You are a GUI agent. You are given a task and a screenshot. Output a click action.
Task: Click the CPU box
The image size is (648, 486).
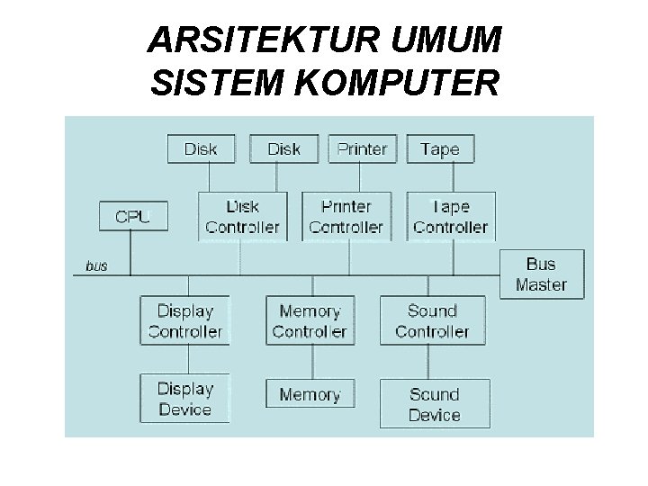coord(131,216)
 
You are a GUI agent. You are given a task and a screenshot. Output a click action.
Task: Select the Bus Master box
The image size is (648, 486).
coord(541,274)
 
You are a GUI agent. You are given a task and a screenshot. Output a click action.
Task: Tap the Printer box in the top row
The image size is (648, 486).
coord(362,149)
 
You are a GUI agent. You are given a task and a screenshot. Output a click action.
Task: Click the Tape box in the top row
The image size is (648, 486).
coord(439,149)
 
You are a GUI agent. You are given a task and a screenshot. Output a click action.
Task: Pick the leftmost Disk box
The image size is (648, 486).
coord(200,149)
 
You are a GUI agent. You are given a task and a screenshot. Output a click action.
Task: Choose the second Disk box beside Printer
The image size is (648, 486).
coord(283,149)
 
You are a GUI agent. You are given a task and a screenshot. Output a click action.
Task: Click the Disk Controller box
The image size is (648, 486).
coord(242,217)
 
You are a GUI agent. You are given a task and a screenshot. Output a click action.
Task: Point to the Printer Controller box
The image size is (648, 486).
coord(346,217)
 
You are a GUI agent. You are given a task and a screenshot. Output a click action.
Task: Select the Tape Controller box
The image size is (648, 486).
coord(450,217)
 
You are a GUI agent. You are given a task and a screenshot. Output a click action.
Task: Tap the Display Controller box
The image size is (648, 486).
coord(184,321)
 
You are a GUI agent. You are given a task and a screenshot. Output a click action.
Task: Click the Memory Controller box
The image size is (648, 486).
coord(310,321)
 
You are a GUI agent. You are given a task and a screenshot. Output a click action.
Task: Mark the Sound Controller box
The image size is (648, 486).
coord(433,321)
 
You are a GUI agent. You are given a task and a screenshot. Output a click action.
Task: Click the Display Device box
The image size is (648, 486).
coord(184,399)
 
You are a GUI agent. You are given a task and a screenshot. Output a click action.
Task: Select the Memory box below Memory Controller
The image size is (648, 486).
coord(310,394)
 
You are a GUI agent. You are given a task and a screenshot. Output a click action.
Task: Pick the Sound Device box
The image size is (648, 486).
coord(435,404)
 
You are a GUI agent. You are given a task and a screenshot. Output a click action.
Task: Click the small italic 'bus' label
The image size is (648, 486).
coord(96,265)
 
